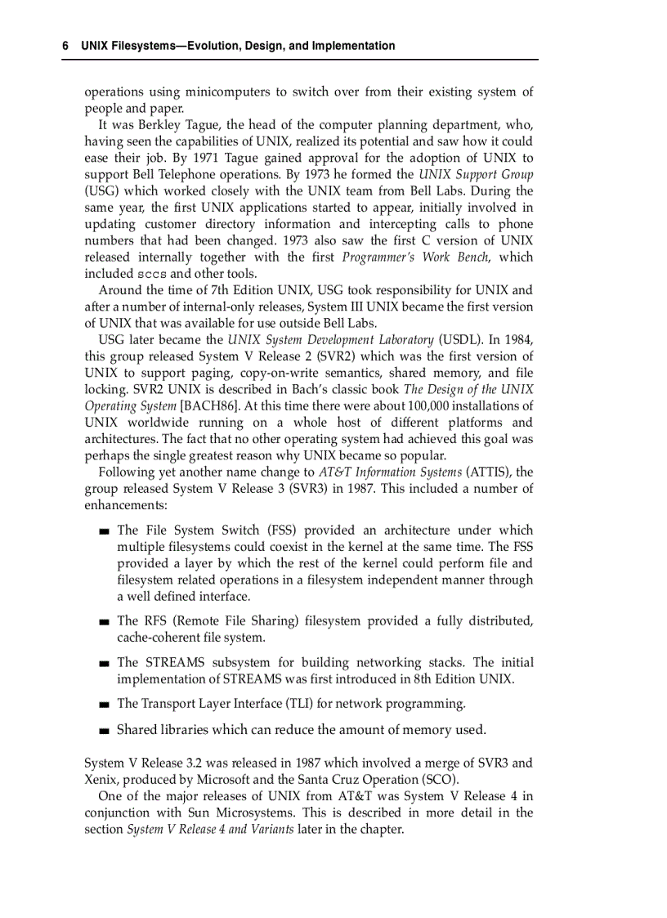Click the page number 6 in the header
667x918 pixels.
[x=65, y=47]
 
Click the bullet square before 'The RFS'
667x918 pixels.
[x=103, y=622]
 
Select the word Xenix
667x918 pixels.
[x=101, y=779]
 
